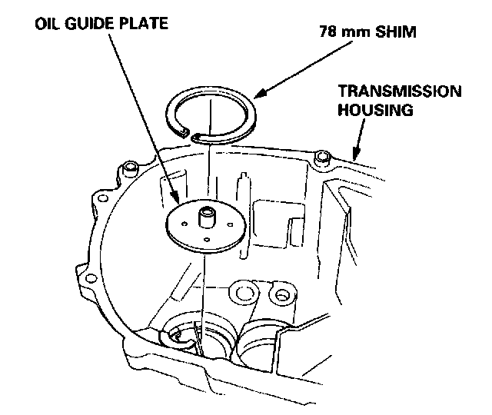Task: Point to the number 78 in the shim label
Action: (327, 34)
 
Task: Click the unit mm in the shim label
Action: (354, 35)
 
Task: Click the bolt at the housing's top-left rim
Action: (130, 167)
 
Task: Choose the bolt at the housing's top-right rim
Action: (322, 157)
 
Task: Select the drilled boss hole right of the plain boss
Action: (281, 294)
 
